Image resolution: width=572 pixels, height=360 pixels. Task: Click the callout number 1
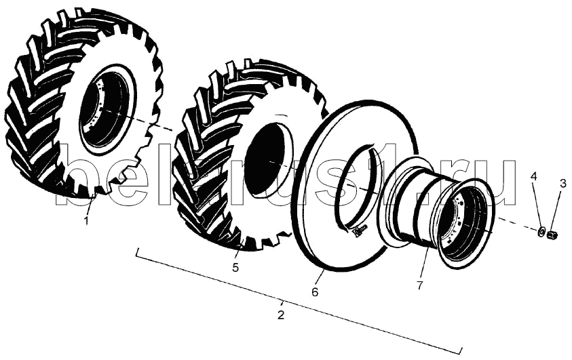86,220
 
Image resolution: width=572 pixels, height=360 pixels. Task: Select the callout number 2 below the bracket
280,315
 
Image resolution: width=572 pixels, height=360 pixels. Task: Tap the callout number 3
563,183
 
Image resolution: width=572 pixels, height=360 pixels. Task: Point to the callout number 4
534,178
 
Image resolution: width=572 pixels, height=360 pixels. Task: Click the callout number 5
235,267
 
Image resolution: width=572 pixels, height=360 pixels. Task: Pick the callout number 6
315,292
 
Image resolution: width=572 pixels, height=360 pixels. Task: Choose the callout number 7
419,285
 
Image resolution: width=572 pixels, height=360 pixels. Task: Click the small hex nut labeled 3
551,235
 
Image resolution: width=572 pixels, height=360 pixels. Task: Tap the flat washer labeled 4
541,231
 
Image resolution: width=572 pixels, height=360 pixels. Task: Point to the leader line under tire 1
90,205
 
